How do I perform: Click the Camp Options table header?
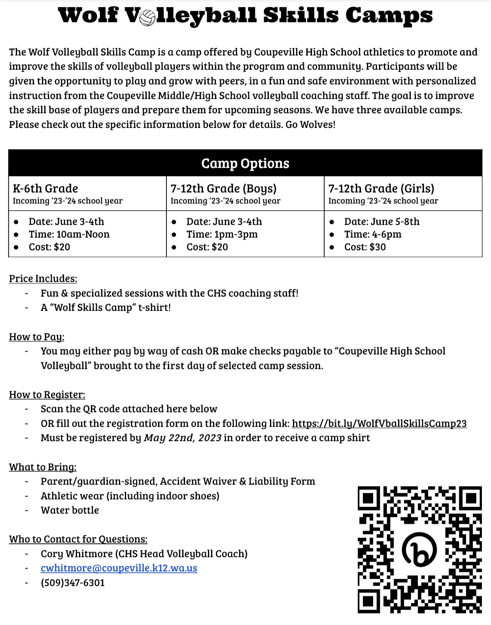[245, 163]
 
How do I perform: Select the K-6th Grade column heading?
[45, 188]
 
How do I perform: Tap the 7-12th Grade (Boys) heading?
[223, 188]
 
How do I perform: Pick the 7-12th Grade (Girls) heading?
[381, 188]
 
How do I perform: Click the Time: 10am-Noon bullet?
[69, 234]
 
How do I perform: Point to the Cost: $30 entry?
[365, 247]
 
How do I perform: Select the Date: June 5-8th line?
[381, 222]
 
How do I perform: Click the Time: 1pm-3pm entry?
[222, 234]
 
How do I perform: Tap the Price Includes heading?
[43, 279]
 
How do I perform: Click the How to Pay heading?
[37, 337]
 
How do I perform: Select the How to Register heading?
[47, 395]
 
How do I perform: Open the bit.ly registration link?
[379, 424]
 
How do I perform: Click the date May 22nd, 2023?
[183, 438]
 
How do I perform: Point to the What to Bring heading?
[43, 467]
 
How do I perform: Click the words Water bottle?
[70, 510]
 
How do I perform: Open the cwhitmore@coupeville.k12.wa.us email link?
[119, 568]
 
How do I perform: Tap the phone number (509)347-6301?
[73, 583]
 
